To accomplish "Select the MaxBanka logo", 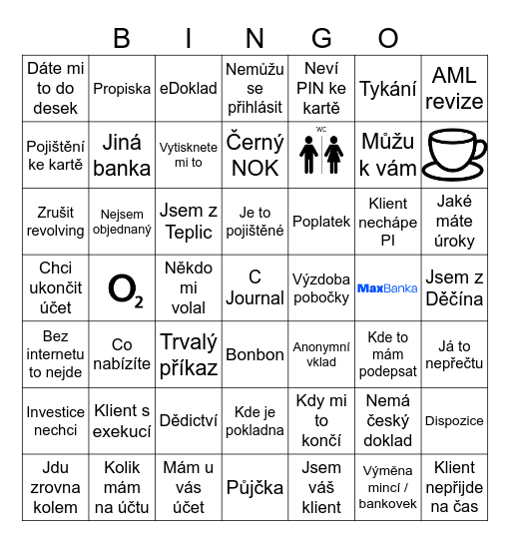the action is pos(387,288).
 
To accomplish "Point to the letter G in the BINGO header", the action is pos(321,39).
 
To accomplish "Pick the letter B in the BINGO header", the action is pos(122,39).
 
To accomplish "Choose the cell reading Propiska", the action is pos(122,89).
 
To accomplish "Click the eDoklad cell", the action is pos(189,89).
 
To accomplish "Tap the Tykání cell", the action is pos(387,89).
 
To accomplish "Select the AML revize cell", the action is pos(454,89).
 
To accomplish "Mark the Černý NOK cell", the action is pos(255,155).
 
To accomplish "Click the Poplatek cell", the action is pos(321,222).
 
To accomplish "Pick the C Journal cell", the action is pos(255,287).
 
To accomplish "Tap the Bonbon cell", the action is pos(255,354).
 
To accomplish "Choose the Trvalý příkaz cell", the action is pos(189,354).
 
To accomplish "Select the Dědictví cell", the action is pos(189,421).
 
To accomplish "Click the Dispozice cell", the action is pos(454,421).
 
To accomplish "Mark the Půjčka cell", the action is pos(255,487).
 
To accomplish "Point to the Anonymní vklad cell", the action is pos(321,354).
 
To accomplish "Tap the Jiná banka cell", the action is pos(122,155).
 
